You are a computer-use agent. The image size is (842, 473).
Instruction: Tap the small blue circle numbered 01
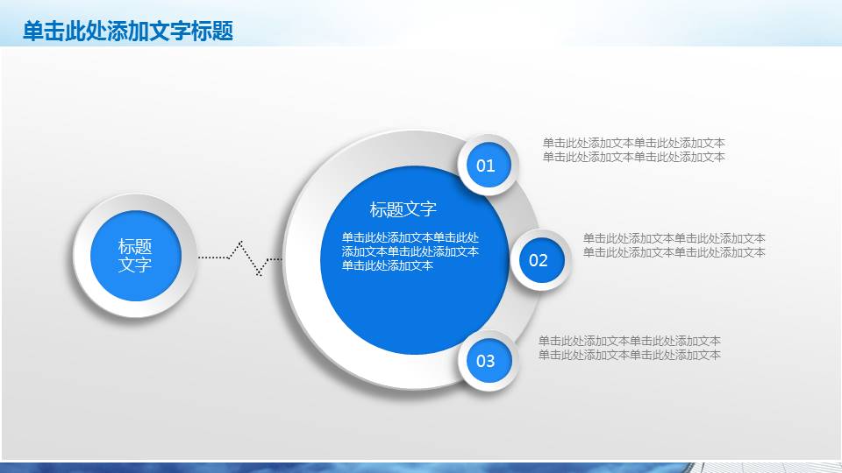coord(486,166)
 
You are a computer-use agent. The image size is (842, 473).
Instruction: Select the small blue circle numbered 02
coord(539,260)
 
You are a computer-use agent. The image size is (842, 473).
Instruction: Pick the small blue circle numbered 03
coord(486,361)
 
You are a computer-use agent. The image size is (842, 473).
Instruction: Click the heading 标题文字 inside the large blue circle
coord(403,209)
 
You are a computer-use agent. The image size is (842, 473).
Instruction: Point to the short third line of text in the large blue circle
coord(387,265)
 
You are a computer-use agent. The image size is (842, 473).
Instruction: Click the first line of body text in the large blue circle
coord(410,237)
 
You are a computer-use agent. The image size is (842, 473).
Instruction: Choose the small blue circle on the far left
coord(135,256)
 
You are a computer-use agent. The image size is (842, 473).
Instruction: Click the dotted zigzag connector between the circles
coord(239,257)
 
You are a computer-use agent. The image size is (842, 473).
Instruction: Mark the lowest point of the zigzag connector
coord(259,275)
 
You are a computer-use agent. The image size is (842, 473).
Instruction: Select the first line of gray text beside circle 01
coord(633,143)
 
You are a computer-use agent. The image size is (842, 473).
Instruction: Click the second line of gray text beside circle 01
coord(633,157)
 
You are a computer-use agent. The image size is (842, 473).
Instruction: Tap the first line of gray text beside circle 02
coord(674,238)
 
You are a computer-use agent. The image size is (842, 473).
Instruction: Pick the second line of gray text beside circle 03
coord(629,355)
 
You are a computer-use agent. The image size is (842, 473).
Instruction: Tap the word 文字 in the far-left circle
coord(135,265)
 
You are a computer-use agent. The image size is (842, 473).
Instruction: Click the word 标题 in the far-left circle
coord(135,247)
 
